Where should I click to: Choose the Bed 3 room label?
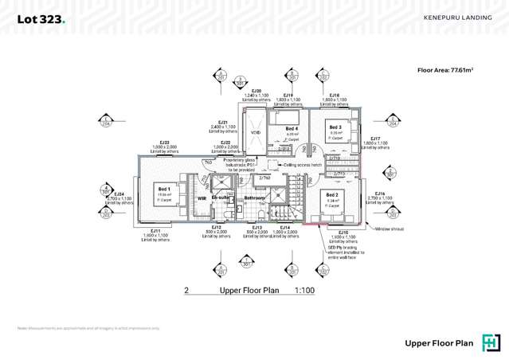[335, 127]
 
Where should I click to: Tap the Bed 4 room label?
[292, 129]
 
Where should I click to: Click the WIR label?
[202, 198]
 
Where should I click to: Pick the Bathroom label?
[254, 198]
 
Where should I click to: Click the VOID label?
[255, 133]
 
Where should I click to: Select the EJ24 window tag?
[119, 194]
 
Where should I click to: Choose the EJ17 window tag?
[378, 138]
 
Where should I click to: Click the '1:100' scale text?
[304, 292]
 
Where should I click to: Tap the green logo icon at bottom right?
[491, 343]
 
